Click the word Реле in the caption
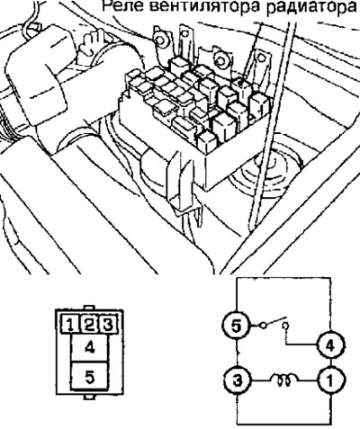click(122, 6)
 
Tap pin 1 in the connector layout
click(69, 324)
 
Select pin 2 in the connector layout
click(89, 324)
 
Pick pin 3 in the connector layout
click(108, 324)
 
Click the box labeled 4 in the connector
click(90, 348)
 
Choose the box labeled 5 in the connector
click(90, 376)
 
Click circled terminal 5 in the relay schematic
click(237, 326)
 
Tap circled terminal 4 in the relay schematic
click(330, 346)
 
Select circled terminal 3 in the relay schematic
click(238, 380)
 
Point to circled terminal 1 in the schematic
click(330, 380)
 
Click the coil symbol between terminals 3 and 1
click(284, 379)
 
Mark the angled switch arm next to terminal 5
click(275, 321)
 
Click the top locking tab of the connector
click(89, 308)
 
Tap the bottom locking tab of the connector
click(89, 397)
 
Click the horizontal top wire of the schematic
click(283, 278)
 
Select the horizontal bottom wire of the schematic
click(284, 425)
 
